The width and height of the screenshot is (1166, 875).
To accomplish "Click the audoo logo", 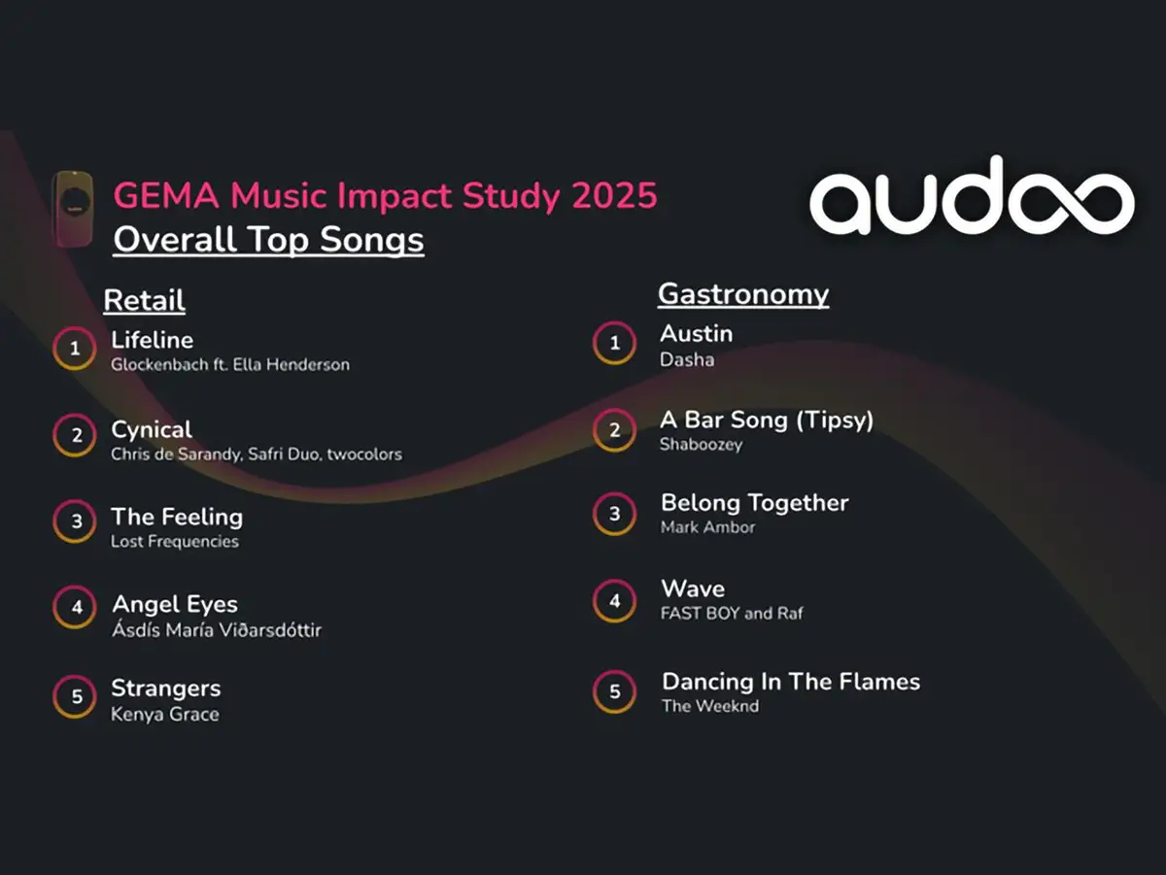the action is pyautogui.click(x=972, y=195).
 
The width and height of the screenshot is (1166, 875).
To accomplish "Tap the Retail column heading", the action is pyautogui.click(x=144, y=300).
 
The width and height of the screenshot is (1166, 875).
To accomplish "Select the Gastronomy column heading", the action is pyautogui.click(x=743, y=294).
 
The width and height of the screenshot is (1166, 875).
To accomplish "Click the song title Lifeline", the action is pyautogui.click(x=152, y=340).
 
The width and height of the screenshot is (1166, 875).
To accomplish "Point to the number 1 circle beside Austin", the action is pyautogui.click(x=614, y=323).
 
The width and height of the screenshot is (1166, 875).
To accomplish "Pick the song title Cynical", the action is pyautogui.click(x=152, y=430).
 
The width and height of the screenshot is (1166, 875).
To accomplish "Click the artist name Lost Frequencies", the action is pyautogui.click(x=175, y=542).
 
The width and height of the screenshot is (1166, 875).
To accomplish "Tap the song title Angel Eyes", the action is pyautogui.click(x=175, y=605).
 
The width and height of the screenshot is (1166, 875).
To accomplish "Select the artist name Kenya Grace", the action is pyautogui.click(x=164, y=714).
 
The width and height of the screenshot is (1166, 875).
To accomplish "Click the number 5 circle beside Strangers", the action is pyautogui.click(x=75, y=677).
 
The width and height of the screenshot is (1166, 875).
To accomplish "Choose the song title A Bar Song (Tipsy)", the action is pyautogui.click(x=767, y=421).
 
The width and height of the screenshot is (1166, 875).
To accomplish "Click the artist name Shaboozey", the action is pyautogui.click(x=701, y=445).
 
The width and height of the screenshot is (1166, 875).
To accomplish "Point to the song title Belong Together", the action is pyautogui.click(x=755, y=503).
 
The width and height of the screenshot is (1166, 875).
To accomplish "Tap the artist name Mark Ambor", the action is pyautogui.click(x=707, y=527).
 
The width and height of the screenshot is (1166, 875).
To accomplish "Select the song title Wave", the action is pyautogui.click(x=693, y=589).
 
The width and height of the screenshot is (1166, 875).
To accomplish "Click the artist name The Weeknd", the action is pyautogui.click(x=710, y=706).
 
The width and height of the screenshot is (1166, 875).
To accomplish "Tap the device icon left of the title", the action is pyautogui.click(x=73, y=209).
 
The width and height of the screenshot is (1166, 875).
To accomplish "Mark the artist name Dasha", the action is pyautogui.click(x=687, y=360).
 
